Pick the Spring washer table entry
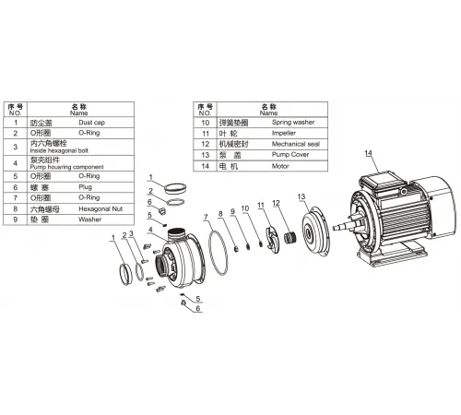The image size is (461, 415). [x=292, y=122]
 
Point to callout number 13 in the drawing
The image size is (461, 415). [x=301, y=198]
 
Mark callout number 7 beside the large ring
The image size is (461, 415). [x=207, y=219]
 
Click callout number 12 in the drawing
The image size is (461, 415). [x=277, y=205]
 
